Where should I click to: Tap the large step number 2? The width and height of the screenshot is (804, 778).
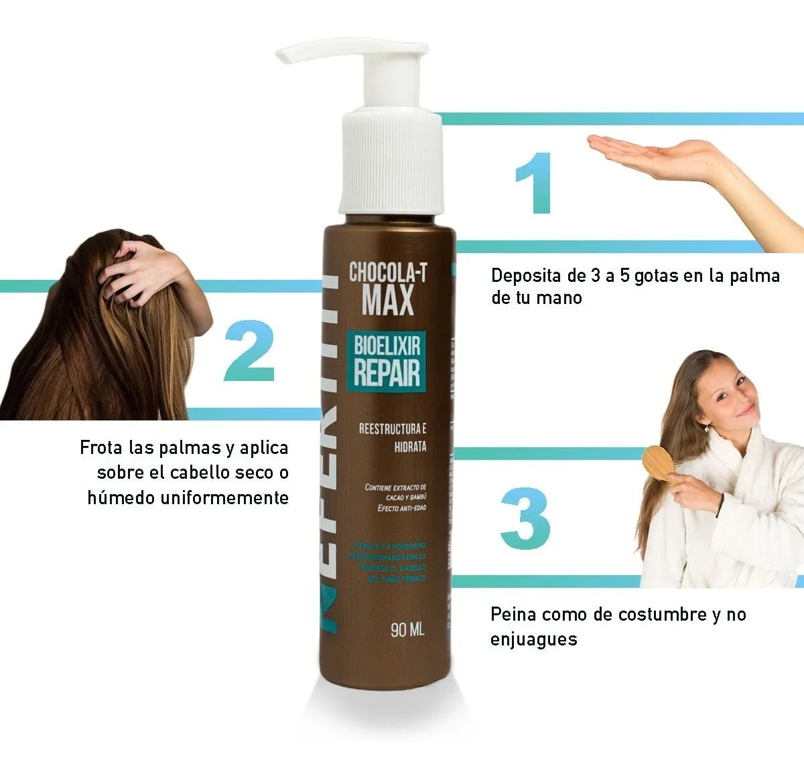[x=249, y=352]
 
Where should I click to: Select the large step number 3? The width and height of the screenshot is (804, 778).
[x=525, y=519]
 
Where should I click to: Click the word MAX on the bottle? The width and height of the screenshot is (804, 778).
[x=388, y=301]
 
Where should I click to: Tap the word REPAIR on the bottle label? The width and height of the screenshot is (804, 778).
[x=387, y=372]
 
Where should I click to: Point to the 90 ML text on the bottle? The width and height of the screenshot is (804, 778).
[x=407, y=630]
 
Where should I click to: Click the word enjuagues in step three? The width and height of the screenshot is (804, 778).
[x=533, y=639]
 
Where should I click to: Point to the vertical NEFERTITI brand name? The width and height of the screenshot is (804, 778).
[x=333, y=455]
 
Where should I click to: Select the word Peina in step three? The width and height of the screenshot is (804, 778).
[x=514, y=614]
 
